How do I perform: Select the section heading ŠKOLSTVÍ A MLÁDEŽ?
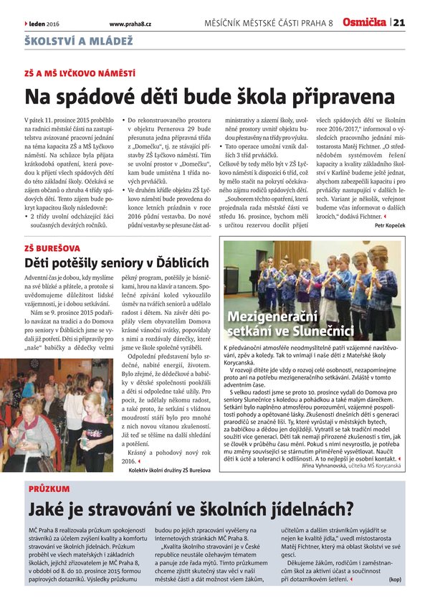click(79, 42)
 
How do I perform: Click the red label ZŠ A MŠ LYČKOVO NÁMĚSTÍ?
click(80, 74)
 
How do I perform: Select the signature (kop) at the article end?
click(396, 579)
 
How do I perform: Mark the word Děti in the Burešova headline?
click(41, 263)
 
